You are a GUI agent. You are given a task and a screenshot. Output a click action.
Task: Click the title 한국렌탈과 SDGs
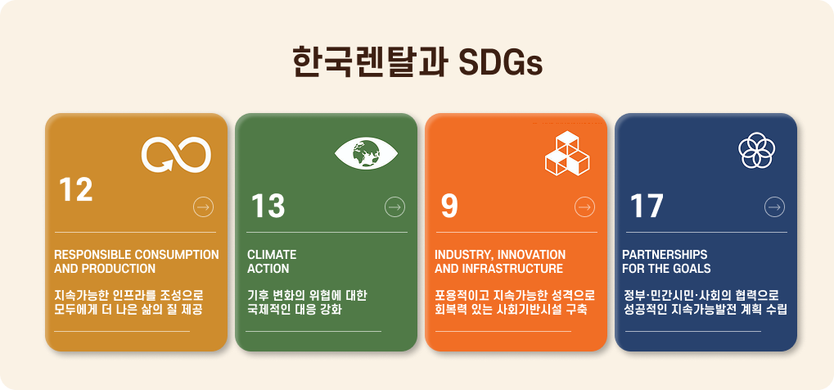click(x=417, y=63)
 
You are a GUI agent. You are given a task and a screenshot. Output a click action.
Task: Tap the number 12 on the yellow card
click(x=75, y=189)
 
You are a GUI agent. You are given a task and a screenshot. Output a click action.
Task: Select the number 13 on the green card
click(x=268, y=206)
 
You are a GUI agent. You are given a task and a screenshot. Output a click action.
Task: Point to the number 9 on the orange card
click(x=449, y=206)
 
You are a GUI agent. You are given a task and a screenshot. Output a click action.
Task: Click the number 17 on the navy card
click(x=647, y=206)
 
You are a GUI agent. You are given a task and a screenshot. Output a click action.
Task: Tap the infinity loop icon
click(x=176, y=155)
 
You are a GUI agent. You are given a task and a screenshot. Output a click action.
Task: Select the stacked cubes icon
click(x=567, y=153)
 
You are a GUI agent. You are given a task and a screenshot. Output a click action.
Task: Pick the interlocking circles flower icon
click(x=757, y=150)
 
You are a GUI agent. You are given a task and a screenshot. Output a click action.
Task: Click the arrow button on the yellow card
click(x=203, y=206)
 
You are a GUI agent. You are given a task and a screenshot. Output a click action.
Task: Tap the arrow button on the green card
click(x=394, y=206)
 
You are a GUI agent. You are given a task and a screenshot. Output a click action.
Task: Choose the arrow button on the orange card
click(x=584, y=206)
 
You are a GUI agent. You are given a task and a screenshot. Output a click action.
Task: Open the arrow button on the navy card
click(x=774, y=206)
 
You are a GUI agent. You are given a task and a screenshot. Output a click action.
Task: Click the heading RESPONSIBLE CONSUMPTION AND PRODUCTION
click(x=136, y=261)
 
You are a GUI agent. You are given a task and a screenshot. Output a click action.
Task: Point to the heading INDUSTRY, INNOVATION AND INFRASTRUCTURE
click(x=500, y=261)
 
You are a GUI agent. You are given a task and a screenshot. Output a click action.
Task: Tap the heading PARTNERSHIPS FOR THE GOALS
click(x=666, y=261)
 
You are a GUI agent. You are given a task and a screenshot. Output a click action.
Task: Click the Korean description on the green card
click(x=307, y=302)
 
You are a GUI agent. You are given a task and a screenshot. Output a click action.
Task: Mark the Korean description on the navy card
click(x=706, y=302)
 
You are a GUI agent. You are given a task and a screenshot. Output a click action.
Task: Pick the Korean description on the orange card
click(x=514, y=302)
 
